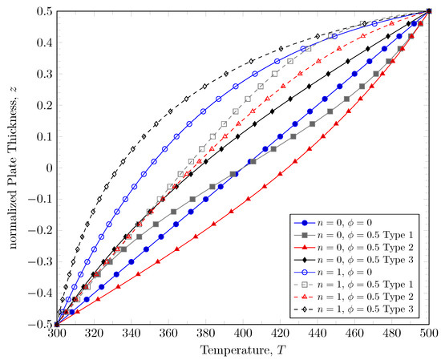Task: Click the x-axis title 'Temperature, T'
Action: click(x=243, y=350)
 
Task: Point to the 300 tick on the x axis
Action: click(x=56, y=333)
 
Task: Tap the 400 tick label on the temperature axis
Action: click(x=243, y=333)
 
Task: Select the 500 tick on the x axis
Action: click(x=429, y=333)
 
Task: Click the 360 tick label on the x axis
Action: click(x=168, y=333)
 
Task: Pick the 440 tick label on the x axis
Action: click(x=318, y=333)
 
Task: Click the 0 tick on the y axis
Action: click(x=47, y=168)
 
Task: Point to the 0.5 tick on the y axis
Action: click(x=42, y=12)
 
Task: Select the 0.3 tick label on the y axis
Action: click(x=42, y=75)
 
